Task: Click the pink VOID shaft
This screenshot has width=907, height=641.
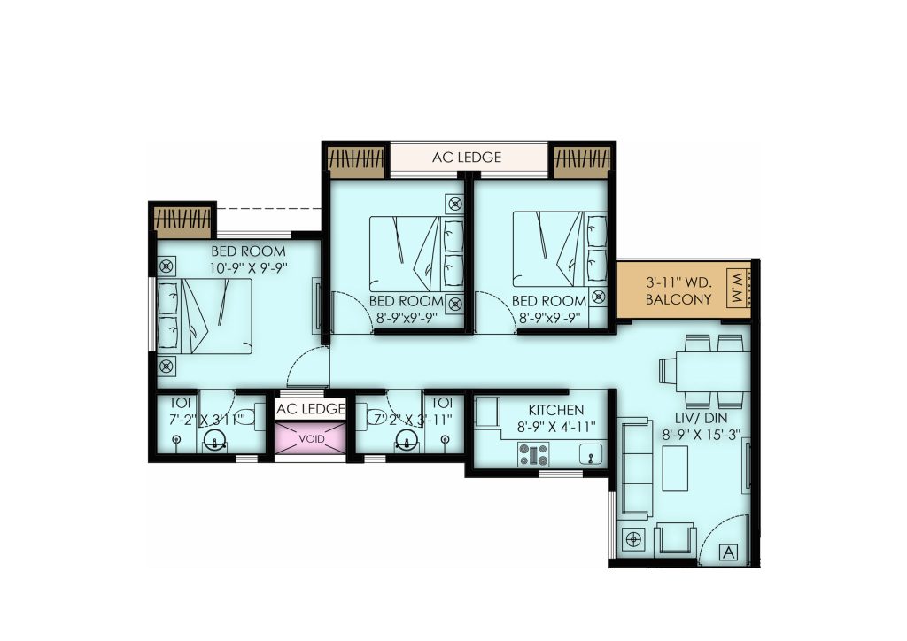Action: (x=311, y=439)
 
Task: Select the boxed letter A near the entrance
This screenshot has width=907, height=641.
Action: (x=730, y=552)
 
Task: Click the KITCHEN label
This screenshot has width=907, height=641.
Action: (x=556, y=410)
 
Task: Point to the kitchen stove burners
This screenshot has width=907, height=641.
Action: (x=533, y=454)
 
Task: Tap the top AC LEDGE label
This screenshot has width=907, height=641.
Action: (x=467, y=158)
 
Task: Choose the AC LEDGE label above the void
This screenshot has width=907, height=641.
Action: (x=311, y=409)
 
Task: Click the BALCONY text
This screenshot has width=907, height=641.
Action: (x=678, y=299)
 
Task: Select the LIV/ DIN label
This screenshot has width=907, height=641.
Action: (x=702, y=418)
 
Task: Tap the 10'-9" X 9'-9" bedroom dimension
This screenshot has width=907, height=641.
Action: (x=249, y=267)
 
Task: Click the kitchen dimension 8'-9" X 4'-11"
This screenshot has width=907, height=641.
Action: (x=556, y=427)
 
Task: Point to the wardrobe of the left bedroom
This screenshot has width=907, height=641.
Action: (x=182, y=222)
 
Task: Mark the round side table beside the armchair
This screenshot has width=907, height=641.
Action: (x=634, y=539)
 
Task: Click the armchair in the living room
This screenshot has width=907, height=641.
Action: (x=674, y=540)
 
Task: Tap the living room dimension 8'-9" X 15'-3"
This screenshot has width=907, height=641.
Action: (x=702, y=435)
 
